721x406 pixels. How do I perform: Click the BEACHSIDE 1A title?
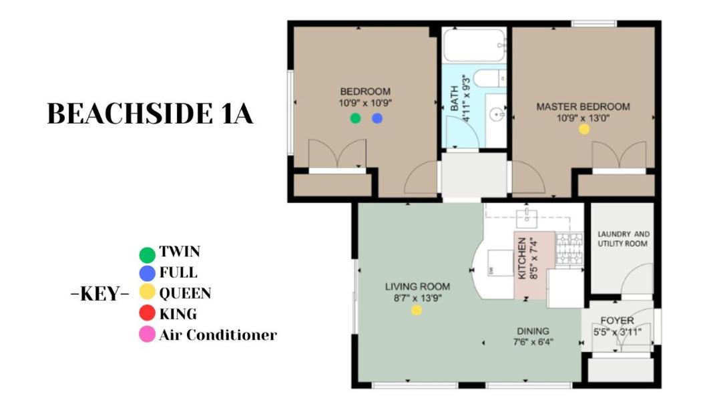[x=150, y=114]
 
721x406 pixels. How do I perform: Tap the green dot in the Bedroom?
[x=355, y=118]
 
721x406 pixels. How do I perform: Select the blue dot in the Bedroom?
[x=377, y=118]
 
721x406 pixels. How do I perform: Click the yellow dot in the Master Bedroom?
[x=584, y=129]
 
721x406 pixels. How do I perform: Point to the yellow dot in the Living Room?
[x=417, y=311]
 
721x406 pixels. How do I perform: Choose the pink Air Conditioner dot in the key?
[x=147, y=334]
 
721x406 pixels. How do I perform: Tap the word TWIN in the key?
[x=180, y=252]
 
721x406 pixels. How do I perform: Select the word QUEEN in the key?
[x=186, y=293]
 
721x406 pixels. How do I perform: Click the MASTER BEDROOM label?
[x=583, y=107]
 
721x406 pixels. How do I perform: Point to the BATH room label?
[x=455, y=98]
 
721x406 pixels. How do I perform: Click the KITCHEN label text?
[x=522, y=258]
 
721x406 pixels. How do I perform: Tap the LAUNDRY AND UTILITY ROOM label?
[x=623, y=238]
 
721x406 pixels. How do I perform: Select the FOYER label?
[x=617, y=321]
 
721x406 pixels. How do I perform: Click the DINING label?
[x=533, y=331]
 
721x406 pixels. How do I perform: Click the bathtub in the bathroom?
[x=475, y=45]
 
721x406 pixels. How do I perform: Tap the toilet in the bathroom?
[x=490, y=78]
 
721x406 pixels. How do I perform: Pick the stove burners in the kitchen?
[x=569, y=250]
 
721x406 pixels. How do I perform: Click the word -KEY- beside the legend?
[x=100, y=294]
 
